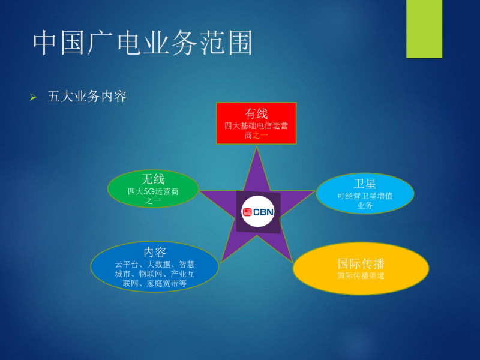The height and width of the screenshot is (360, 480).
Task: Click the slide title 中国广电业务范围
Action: (x=143, y=43)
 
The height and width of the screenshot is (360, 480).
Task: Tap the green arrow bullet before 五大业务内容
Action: (x=33, y=97)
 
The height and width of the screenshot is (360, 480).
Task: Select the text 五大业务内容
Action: (x=86, y=97)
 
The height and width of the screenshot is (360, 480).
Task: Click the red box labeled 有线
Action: (x=256, y=124)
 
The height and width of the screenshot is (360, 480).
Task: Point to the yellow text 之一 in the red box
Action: (x=260, y=135)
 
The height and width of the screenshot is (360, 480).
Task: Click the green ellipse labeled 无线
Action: (x=153, y=189)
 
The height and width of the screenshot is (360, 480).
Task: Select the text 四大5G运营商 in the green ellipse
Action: (x=153, y=191)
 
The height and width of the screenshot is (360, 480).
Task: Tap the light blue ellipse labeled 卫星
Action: (x=365, y=193)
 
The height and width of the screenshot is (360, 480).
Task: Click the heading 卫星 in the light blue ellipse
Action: (x=365, y=184)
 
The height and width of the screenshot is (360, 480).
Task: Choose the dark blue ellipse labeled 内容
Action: (x=155, y=266)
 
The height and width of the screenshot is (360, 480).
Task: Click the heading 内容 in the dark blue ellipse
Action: (x=155, y=253)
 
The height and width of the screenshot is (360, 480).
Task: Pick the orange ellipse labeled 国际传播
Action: (x=361, y=268)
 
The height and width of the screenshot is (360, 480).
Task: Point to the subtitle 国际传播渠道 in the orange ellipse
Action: (x=361, y=275)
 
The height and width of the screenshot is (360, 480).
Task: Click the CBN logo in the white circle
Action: (x=258, y=212)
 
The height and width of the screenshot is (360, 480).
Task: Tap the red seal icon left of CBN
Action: (x=247, y=212)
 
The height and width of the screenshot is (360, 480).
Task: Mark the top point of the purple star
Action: (x=257, y=146)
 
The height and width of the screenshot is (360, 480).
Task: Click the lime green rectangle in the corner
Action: (x=424, y=29)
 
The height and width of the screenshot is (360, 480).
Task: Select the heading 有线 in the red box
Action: (x=256, y=114)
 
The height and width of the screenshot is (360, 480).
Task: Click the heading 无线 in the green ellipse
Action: (x=153, y=179)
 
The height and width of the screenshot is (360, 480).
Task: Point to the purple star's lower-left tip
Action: (x=221, y=262)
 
